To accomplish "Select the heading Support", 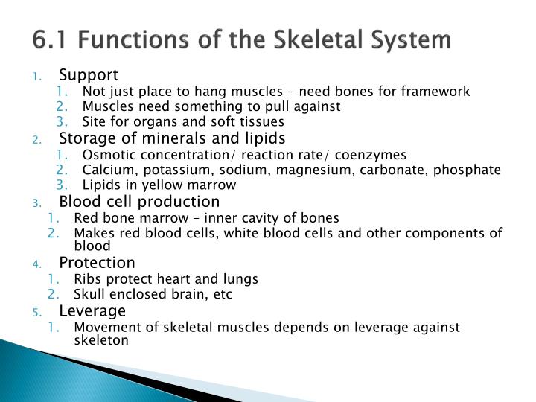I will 89,75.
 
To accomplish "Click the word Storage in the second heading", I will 85,138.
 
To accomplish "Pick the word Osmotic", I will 106,155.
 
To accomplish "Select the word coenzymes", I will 369,155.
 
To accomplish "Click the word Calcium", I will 105,170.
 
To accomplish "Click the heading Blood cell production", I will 139,202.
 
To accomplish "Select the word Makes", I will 91,233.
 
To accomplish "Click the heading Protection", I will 97,263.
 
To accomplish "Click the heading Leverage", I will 92,310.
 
